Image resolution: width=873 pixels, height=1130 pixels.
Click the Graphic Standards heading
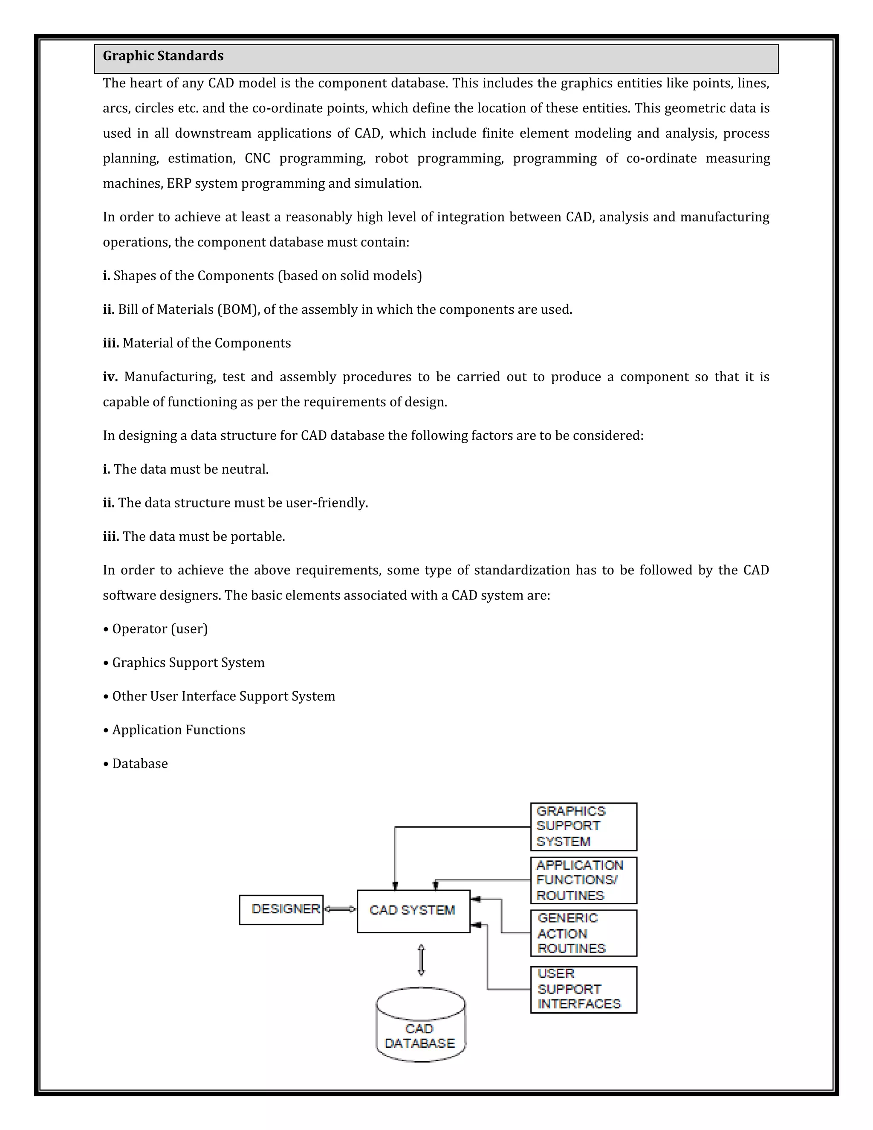pyautogui.click(x=163, y=56)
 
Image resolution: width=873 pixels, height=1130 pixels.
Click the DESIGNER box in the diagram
pyautogui.click(x=281, y=910)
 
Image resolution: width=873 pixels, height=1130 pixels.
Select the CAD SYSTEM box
pyautogui.click(x=413, y=911)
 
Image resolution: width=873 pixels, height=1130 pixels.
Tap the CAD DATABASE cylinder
pyautogui.click(x=420, y=1026)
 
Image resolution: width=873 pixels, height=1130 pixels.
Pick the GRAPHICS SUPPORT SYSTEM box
pyautogui.click(x=584, y=826)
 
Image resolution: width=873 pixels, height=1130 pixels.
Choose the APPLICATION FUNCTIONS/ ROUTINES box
pyautogui.click(x=584, y=880)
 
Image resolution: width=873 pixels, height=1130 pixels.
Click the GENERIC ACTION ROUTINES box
pyautogui.click(x=584, y=933)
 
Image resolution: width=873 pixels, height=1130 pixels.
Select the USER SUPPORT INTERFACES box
pyautogui.click(x=584, y=989)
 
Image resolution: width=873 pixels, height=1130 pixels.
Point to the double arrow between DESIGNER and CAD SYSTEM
pyautogui.click(x=340, y=909)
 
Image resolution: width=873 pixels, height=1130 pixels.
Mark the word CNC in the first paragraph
pyautogui.click(x=257, y=158)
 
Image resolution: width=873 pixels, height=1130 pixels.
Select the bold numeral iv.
pyautogui.click(x=110, y=377)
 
